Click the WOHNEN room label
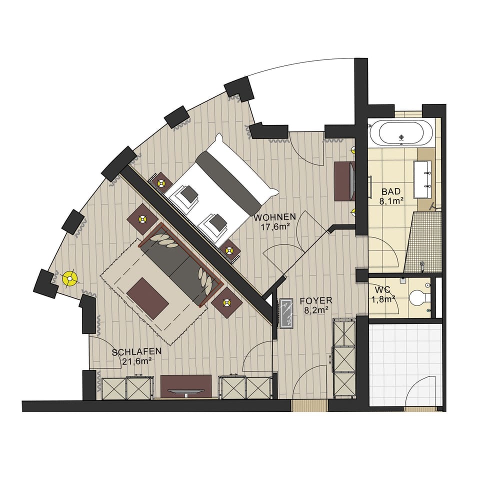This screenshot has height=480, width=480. pos(274,217)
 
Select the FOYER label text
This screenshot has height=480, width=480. pos(315,301)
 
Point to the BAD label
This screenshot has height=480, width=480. pos(391,191)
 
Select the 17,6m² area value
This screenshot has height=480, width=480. pos(274,226)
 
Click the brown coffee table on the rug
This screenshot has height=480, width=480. pos(147,298)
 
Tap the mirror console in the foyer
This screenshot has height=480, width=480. pos(286,313)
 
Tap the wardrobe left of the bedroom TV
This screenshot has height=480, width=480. pos(127,387)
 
